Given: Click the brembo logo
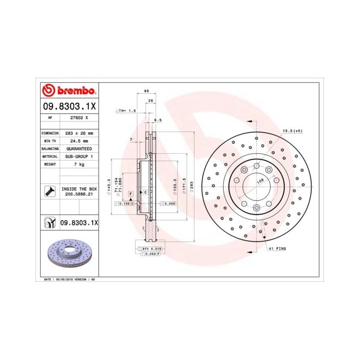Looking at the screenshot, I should tap(68, 91).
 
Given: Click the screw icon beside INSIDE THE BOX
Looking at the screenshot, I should tap(50, 192).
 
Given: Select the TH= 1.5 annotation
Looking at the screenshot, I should tap(127, 110).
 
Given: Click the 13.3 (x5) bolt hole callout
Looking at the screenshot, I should tap(292, 131).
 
